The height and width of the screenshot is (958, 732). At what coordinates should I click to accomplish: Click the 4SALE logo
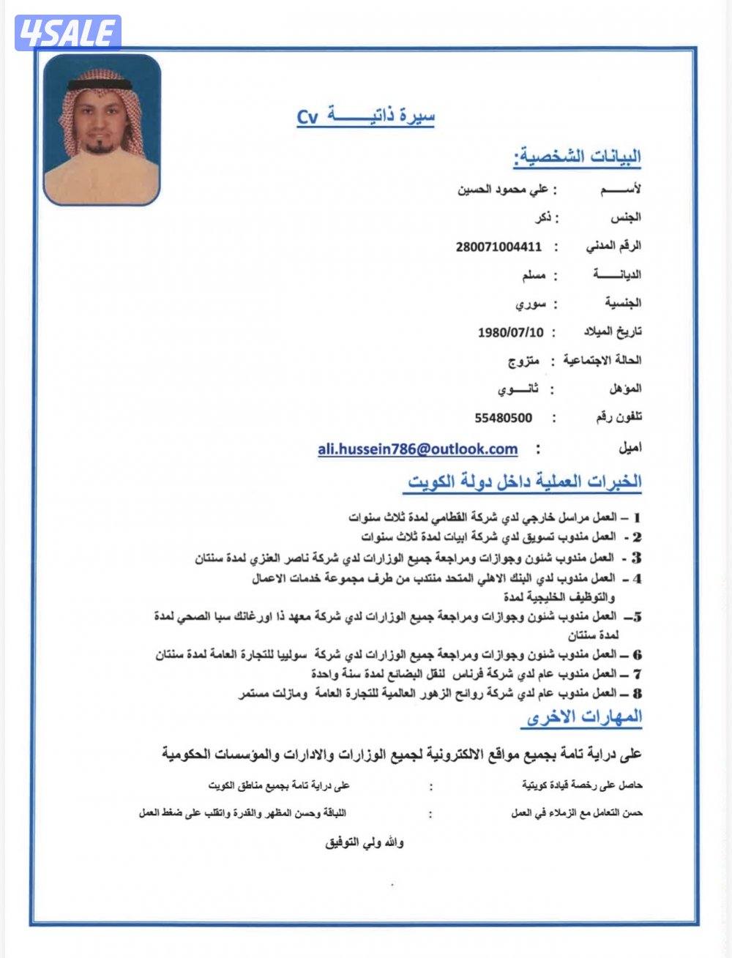coord(68,32)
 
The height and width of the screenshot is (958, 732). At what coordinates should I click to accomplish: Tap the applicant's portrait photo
coord(102,129)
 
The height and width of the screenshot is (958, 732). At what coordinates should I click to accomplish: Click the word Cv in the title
coord(307,117)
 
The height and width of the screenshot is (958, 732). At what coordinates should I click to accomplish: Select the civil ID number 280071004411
coord(498,247)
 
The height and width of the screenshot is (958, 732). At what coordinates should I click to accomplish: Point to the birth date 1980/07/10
coord(511,332)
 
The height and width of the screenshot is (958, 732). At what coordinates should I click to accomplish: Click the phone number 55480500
coord(504,418)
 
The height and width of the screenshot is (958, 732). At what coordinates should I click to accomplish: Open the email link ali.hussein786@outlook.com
coord(417,449)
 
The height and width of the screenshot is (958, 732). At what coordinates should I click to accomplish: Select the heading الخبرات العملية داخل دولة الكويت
coord(524,482)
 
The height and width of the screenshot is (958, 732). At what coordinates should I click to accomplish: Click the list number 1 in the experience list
coord(637,517)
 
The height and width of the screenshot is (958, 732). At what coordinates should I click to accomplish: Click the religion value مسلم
coord(532,275)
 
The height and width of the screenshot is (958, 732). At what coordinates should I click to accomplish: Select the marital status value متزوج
coord(524,360)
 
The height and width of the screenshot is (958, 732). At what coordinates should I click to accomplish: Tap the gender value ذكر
coord(543,218)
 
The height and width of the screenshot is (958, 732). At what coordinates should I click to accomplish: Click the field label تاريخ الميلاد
coord(612,332)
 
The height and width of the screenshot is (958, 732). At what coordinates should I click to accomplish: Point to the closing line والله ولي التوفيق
coord(365,842)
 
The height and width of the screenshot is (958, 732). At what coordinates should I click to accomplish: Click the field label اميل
coord(630,446)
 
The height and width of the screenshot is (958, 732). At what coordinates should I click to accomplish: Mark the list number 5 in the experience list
coord(636,616)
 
